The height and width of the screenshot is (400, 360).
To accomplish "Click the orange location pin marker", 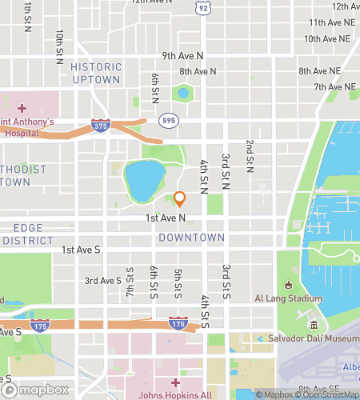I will (x=180, y=198).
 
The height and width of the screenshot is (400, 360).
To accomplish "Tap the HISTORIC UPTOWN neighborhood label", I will (x=96, y=74).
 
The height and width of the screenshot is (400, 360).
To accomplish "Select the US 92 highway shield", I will (x=203, y=7).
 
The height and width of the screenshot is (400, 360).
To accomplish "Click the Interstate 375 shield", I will (x=100, y=126).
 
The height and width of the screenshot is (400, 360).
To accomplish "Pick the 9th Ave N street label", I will (x=182, y=56).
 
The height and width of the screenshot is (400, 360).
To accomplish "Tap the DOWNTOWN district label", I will (x=191, y=238).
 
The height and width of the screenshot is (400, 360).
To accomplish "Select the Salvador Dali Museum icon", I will (x=314, y=326).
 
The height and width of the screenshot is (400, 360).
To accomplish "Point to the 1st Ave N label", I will (x=166, y=218).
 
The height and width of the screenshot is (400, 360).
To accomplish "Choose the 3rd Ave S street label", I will (x=103, y=281).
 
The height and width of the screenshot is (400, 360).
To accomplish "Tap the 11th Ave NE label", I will (x=330, y=22).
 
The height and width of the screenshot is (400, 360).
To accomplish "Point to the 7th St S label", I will (x=130, y=282).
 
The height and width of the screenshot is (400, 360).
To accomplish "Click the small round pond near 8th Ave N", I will (x=184, y=94).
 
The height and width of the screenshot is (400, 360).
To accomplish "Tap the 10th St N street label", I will (x=59, y=47).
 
